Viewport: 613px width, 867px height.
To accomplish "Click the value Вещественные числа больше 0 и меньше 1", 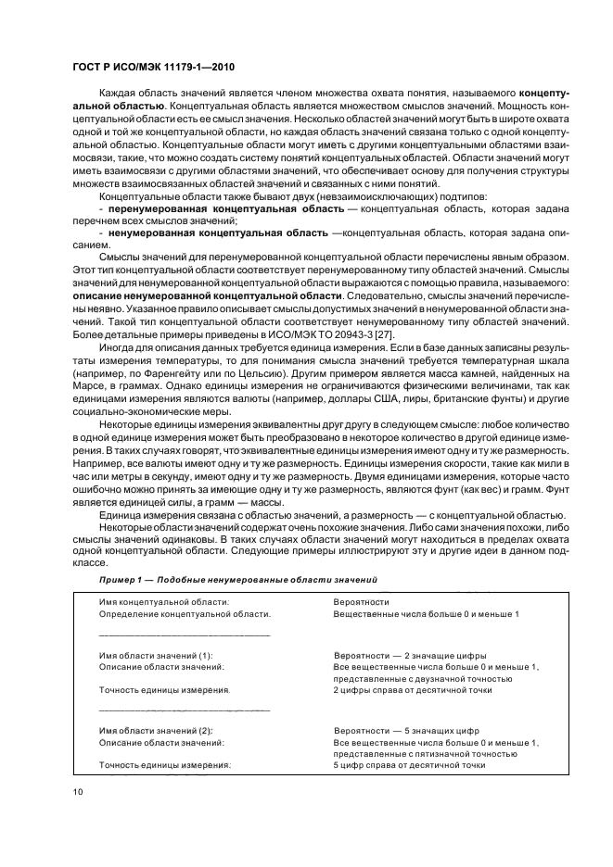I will tap(426, 613).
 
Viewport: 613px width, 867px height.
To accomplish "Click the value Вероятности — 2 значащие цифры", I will tap(409, 655).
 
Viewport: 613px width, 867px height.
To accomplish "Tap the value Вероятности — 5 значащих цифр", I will tap(406, 730).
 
